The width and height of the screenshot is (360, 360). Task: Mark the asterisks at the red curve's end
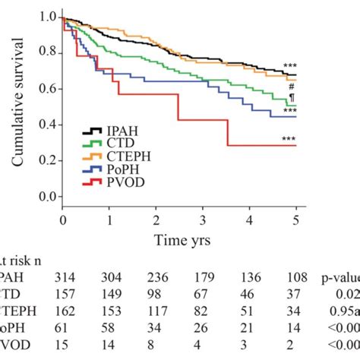point(289,139)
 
